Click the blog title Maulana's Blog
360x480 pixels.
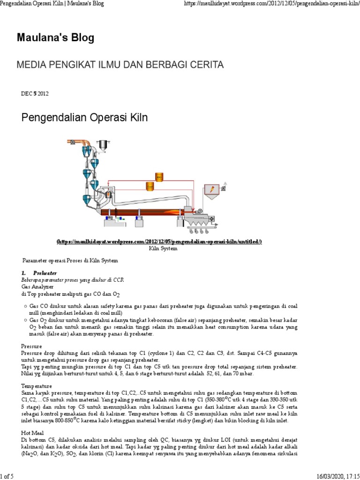(55, 37)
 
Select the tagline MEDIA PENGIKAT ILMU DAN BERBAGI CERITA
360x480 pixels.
(120, 64)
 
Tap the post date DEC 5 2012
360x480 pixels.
(35, 93)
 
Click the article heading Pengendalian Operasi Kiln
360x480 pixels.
(85, 118)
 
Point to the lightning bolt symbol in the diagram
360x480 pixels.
(213, 188)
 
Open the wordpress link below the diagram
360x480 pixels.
(159, 241)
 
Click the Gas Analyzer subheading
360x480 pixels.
(37, 285)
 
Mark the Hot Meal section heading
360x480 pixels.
(32, 433)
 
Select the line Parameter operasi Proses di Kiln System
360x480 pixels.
(70, 260)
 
